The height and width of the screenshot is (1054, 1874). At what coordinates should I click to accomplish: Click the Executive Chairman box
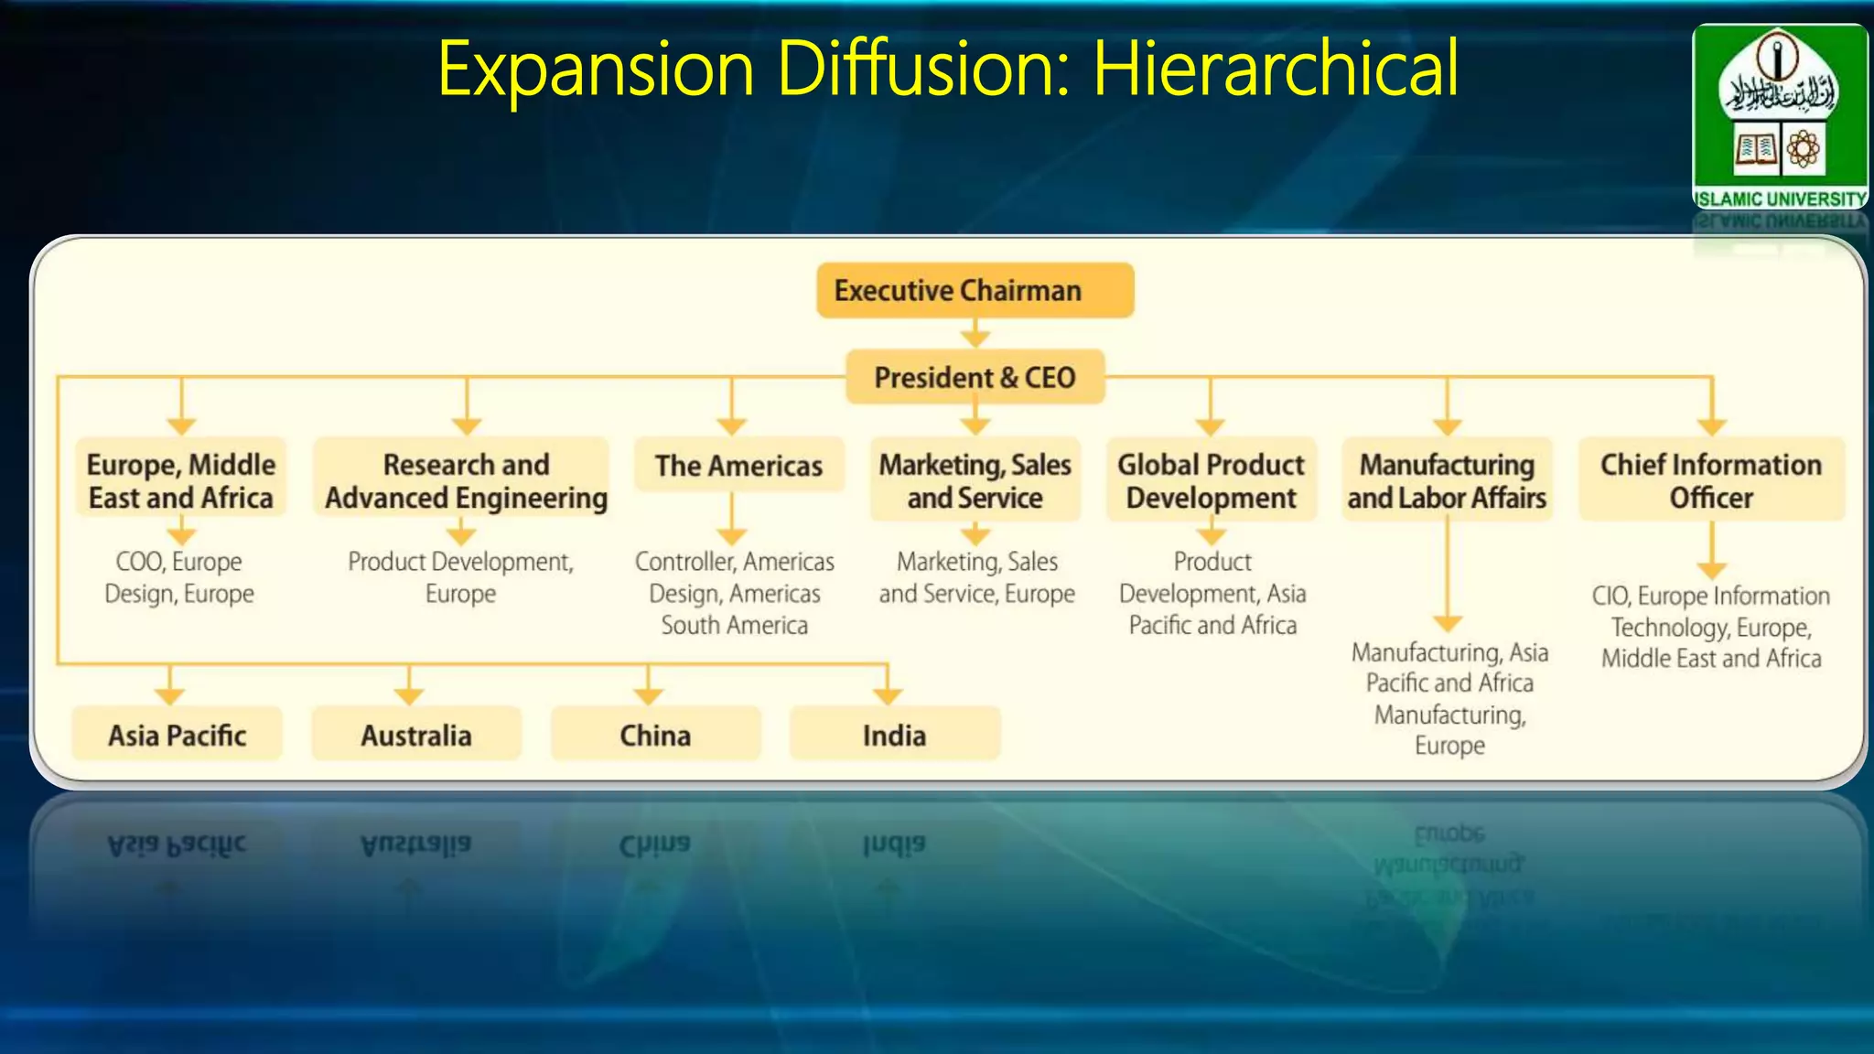[975, 291]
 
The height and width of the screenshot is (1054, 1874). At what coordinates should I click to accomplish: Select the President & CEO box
[975, 377]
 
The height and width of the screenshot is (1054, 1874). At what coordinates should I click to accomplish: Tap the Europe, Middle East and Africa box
[181, 481]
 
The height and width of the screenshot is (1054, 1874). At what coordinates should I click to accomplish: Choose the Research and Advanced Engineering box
[466, 481]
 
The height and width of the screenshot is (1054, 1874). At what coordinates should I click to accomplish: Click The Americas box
[738, 466]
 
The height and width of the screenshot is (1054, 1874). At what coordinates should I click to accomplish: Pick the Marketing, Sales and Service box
[975, 481]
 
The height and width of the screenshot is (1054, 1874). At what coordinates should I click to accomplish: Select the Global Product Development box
[1211, 481]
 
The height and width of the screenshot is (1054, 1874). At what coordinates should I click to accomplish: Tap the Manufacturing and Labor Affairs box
[1447, 481]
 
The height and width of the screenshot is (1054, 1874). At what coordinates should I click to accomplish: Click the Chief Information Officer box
[1711, 481]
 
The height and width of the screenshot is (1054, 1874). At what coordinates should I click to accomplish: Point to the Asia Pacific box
[178, 735]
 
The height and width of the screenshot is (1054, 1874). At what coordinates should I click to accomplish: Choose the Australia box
[416, 735]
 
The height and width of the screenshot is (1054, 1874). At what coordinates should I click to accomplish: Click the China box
[655, 735]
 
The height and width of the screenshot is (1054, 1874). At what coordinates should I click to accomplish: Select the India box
[894, 735]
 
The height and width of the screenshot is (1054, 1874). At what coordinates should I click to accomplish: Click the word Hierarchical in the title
[1276, 69]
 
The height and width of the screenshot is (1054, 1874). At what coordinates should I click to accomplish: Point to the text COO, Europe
[179, 561]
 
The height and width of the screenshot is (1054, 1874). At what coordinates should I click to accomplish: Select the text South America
[735, 626]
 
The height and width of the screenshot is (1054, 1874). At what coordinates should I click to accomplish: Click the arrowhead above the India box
[888, 695]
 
